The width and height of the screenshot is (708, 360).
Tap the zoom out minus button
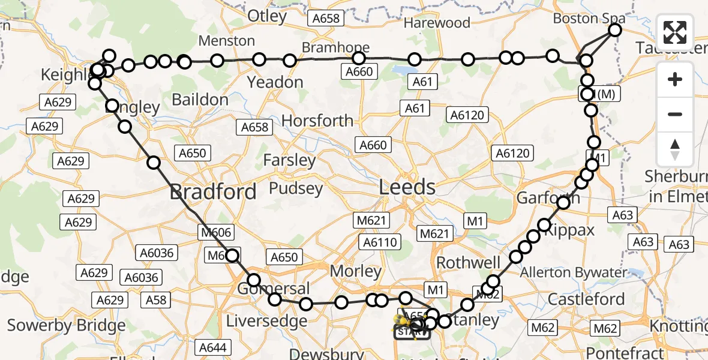tap(675, 114)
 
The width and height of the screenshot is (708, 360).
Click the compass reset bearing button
tap(675, 149)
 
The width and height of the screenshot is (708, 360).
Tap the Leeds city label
tap(407, 187)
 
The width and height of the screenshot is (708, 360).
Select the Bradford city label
tap(213, 192)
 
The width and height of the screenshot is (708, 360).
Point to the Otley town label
tap(268, 16)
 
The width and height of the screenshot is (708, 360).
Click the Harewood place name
tap(437, 23)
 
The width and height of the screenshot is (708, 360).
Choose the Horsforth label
tap(317, 121)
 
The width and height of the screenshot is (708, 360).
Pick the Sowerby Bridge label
tap(67, 326)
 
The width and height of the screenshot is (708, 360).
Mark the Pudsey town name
tap(295, 188)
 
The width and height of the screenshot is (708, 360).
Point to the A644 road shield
tap(213, 347)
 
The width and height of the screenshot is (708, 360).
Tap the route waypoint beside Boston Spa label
tap(615, 30)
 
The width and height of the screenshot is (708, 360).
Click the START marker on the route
tap(412, 331)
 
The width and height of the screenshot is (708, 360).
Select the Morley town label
tap(356, 271)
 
